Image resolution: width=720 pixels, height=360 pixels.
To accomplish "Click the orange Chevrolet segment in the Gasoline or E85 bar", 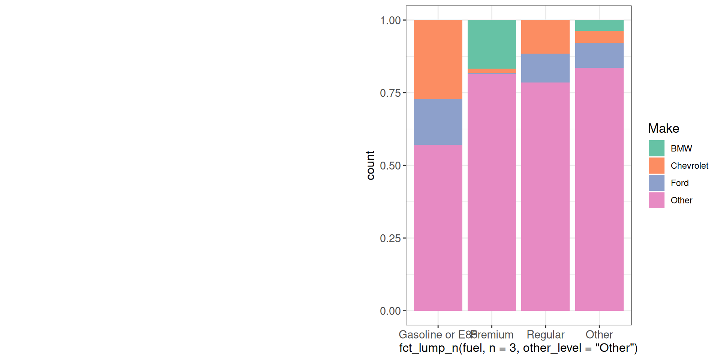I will click(x=438, y=59).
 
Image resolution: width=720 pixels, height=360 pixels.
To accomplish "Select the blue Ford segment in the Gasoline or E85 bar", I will click(x=438, y=122).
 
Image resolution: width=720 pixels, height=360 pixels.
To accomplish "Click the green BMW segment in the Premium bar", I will click(x=492, y=44).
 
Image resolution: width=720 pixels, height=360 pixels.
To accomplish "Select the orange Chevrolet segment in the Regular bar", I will click(x=545, y=37).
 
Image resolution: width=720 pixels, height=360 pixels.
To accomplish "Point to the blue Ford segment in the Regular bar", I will click(x=545, y=68).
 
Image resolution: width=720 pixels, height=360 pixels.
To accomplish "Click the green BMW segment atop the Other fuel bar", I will click(x=599, y=25).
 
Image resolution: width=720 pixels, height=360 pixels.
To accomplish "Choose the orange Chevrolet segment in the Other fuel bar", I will click(x=599, y=37).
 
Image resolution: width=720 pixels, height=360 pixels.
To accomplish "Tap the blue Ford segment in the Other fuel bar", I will click(x=599, y=55).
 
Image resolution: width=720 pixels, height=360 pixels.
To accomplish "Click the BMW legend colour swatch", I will click(x=656, y=148).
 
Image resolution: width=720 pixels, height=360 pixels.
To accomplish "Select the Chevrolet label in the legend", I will click(x=689, y=166).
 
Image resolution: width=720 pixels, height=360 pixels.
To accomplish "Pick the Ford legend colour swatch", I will click(x=656, y=183).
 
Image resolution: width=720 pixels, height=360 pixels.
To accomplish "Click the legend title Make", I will click(x=663, y=129).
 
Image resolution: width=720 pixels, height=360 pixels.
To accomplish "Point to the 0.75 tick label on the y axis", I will click(x=390, y=93).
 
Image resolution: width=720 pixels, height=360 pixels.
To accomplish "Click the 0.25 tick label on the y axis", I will click(x=390, y=238).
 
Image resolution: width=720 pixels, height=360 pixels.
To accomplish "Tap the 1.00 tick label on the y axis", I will click(x=390, y=20).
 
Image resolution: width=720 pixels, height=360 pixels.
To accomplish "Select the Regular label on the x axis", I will click(x=545, y=334).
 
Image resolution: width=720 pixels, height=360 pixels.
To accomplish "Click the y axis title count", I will click(x=370, y=165).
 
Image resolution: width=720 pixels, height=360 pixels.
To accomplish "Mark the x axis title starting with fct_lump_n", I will click(x=518, y=348).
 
